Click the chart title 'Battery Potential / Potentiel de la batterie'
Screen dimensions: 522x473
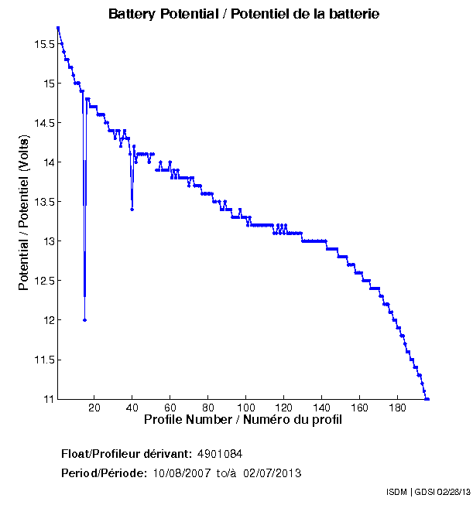pyautogui.click(x=244, y=14)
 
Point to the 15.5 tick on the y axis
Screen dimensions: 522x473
pyautogui.click(x=43, y=44)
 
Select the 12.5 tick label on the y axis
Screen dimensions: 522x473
pyautogui.click(x=43, y=281)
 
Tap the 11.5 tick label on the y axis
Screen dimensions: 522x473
pyautogui.click(x=43, y=360)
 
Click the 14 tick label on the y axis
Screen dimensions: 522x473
pyautogui.click(x=47, y=162)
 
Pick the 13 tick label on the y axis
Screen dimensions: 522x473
pyautogui.click(x=47, y=241)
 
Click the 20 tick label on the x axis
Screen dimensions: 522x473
pyautogui.click(x=94, y=408)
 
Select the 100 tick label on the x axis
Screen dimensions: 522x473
pyautogui.click(x=246, y=408)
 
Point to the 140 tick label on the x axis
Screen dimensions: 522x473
pyautogui.click(x=322, y=408)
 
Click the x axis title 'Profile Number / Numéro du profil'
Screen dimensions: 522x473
pyautogui.click(x=243, y=420)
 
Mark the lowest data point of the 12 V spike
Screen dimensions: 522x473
pyautogui.click(x=84, y=320)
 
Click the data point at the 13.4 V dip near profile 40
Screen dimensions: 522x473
pyautogui.click(x=132, y=210)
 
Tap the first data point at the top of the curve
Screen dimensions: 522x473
pyautogui.click(x=58, y=28)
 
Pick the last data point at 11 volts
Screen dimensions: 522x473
pyautogui.click(x=427, y=399)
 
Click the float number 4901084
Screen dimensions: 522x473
pyautogui.click(x=225, y=453)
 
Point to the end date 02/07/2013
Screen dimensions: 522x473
pyautogui.click(x=272, y=473)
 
